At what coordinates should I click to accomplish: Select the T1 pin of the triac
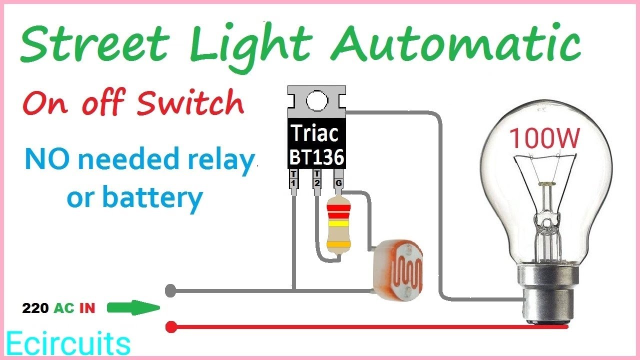click(x=293, y=179)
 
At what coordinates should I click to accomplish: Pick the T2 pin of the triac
click(x=316, y=179)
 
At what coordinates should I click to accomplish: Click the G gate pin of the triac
click(x=338, y=182)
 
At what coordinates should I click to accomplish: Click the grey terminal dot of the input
click(x=170, y=289)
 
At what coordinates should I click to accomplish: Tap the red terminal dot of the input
click(x=171, y=327)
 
